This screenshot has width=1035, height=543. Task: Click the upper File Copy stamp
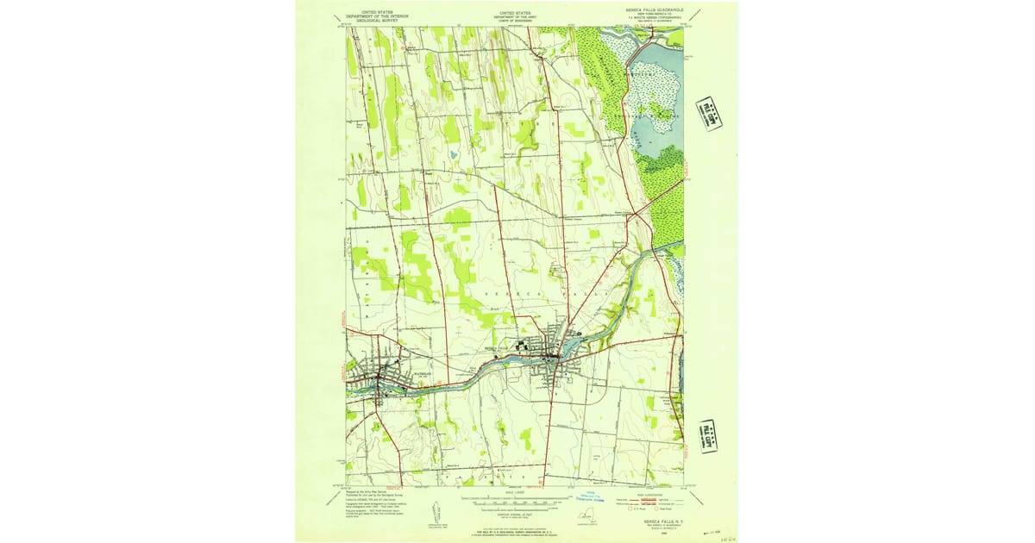click(x=709, y=113)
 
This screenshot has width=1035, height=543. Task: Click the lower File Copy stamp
click(x=709, y=435)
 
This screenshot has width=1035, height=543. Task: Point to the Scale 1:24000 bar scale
click(x=515, y=501)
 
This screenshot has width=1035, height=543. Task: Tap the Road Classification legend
click(x=649, y=502)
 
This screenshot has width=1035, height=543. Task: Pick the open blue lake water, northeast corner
click(x=660, y=138)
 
